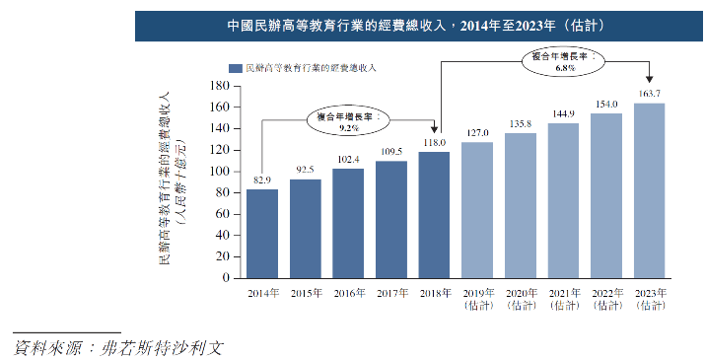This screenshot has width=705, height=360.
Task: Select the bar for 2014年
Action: point(262,233)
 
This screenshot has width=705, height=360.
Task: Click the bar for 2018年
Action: point(434,214)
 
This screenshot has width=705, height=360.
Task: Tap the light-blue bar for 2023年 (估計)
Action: point(649,189)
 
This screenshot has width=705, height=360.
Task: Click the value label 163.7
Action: point(649,94)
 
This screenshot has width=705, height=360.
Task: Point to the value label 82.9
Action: point(262,180)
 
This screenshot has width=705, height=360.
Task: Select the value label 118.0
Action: point(434,143)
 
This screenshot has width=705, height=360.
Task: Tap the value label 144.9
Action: point(563,114)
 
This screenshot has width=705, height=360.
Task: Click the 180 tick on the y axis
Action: point(220,85)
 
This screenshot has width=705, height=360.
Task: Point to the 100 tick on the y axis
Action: point(220,171)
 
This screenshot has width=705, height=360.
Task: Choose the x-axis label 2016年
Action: point(348,294)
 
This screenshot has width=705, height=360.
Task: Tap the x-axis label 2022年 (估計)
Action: point(606,300)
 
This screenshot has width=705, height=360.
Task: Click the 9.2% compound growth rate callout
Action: point(347,121)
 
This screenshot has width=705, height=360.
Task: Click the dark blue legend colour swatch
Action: point(234,68)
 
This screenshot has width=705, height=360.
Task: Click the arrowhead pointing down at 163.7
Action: point(650,82)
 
